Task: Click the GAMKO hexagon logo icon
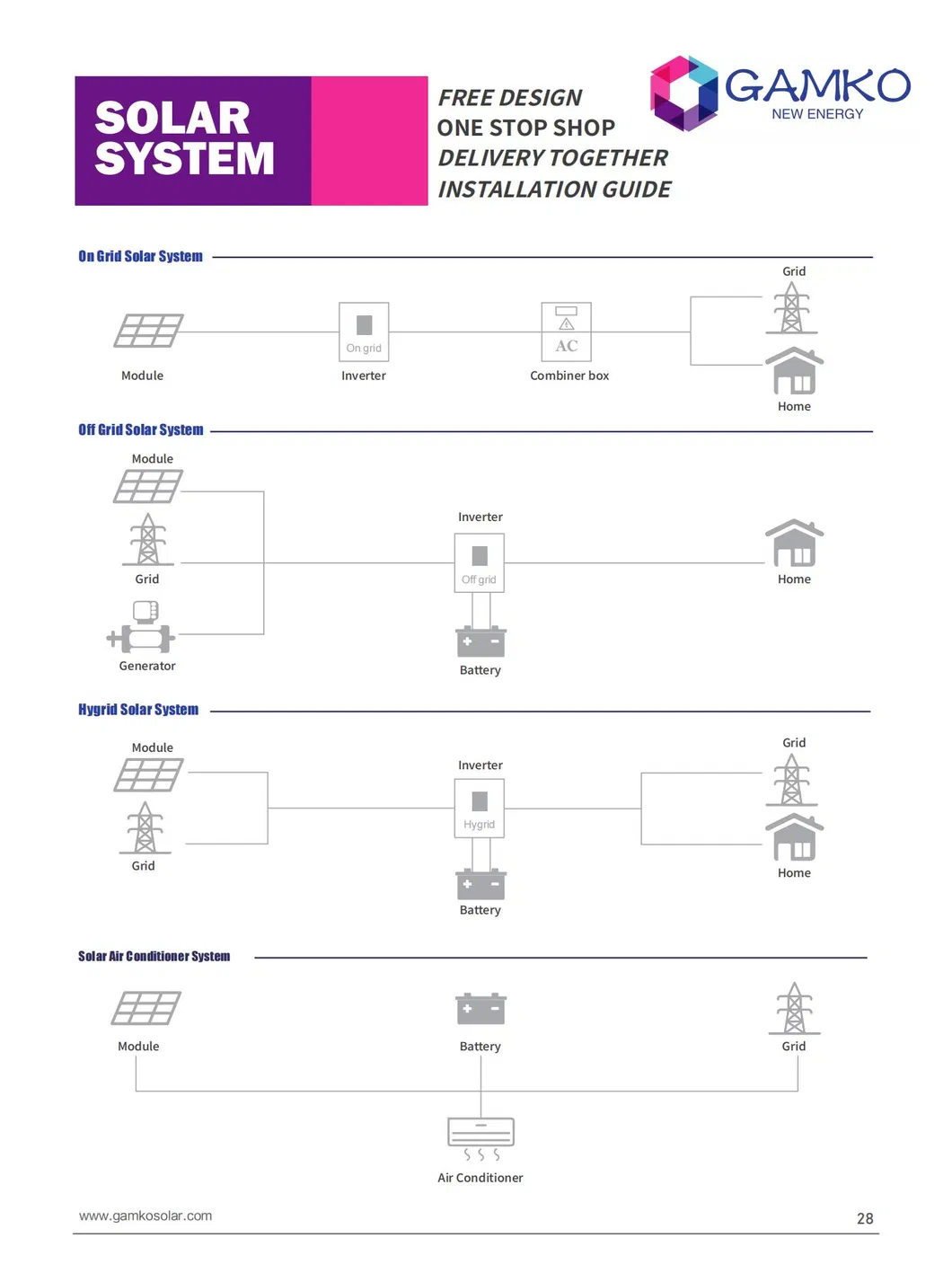click(x=683, y=93)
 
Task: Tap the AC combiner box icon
click(x=566, y=332)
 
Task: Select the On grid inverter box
click(x=364, y=332)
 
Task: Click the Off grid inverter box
click(x=480, y=562)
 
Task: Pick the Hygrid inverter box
click(x=480, y=808)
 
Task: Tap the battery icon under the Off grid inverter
click(x=480, y=641)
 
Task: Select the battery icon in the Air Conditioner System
click(x=480, y=1009)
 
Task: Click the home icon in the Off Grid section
click(x=794, y=543)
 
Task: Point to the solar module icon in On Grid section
click(x=148, y=331)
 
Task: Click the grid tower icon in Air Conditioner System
click(x=794, y=1008)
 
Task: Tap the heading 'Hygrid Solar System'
click(x=138, y=709)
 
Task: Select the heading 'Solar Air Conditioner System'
click(x=154, y=956)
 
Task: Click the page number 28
click(x=865, y=1218)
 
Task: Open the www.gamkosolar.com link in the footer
click(x=145, y=1216)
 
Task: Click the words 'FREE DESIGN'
click(x=510, y=98)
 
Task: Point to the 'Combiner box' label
click(x=569, y=376)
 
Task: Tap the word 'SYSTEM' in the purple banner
click(x=184, y=158)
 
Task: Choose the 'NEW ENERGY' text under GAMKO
click(x=817, y=114)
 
